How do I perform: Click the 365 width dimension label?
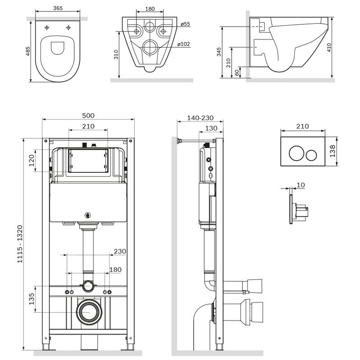click(58, 8)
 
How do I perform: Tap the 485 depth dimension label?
click(28, 51)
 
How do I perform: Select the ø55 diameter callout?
click(185, 24)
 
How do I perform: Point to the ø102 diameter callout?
click(184, 44)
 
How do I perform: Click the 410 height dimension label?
click(329, 48)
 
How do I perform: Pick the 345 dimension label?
click(219, 52)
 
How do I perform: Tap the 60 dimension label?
click(237, 73)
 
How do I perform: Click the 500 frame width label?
click(88, 116)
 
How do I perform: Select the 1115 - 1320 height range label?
click(20, 244)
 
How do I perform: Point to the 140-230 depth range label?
click(200, 118)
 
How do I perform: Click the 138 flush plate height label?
click(333, 151)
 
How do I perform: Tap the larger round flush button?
click(297, 153)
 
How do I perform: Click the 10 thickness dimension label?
click(301, 185)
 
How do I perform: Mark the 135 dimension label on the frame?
click(31, 299)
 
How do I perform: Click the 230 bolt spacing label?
click(120, 251)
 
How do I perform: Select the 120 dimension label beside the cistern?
click(31, 160)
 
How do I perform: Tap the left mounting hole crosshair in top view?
click(47, 27)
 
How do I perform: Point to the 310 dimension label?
click(116, 54)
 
